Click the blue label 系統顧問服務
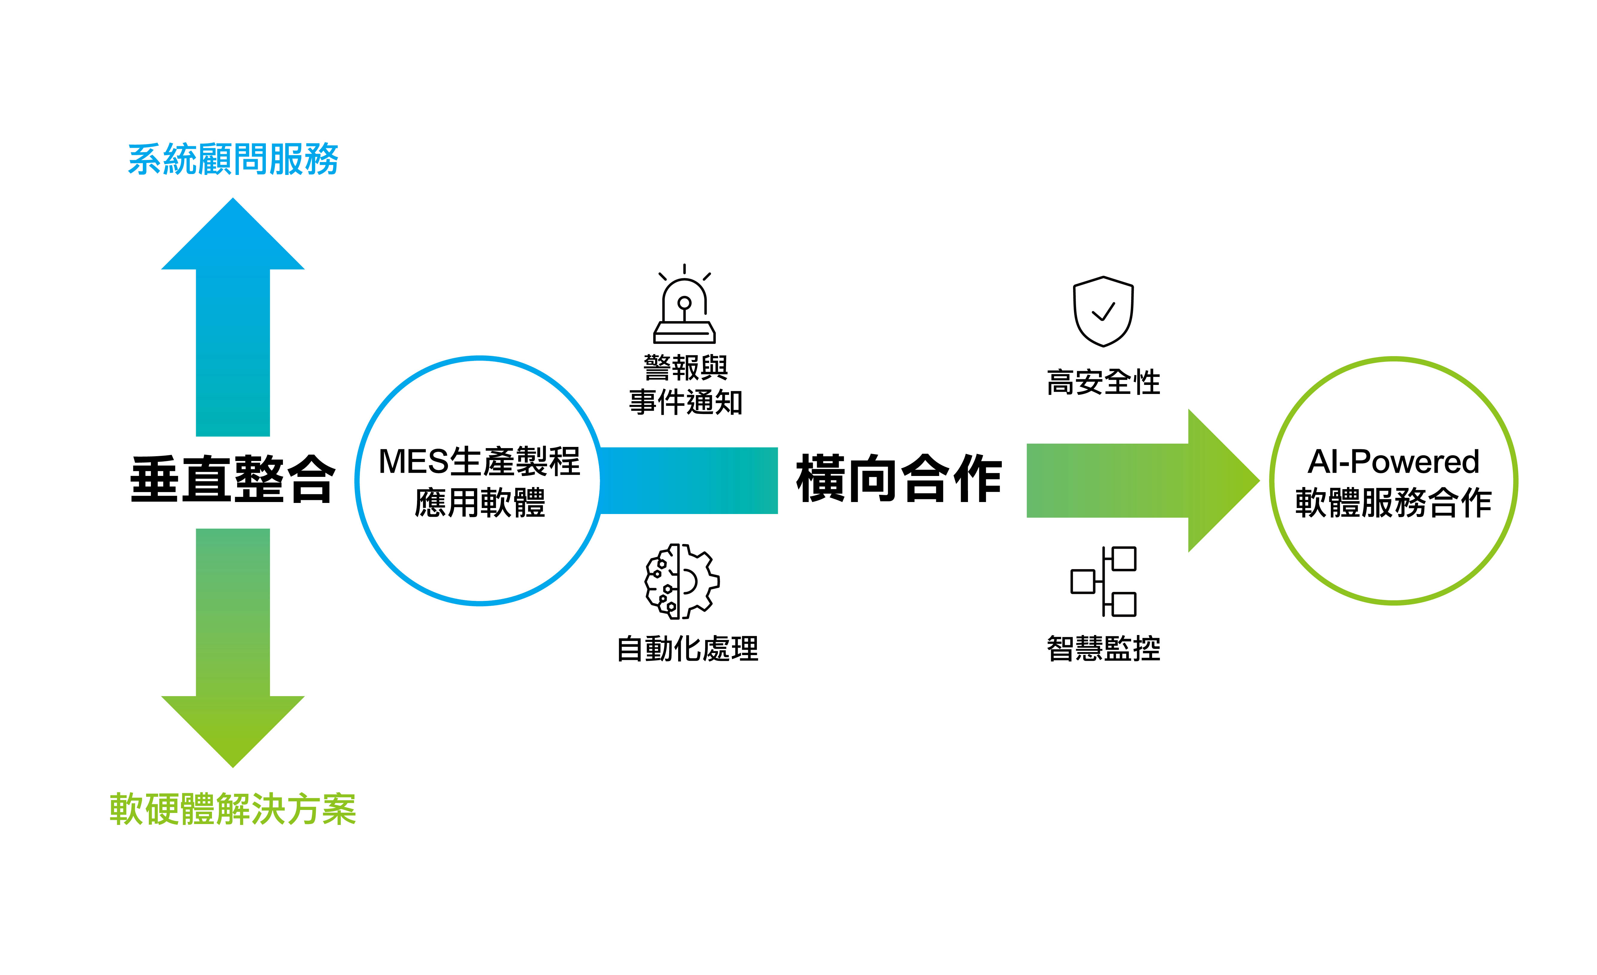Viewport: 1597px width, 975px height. (x=233, y=159)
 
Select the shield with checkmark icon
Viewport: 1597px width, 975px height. (x=1103, y=311)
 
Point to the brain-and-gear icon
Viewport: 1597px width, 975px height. (x=682, y=581)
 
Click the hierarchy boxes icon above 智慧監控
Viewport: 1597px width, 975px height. (x=1103, y=581)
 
